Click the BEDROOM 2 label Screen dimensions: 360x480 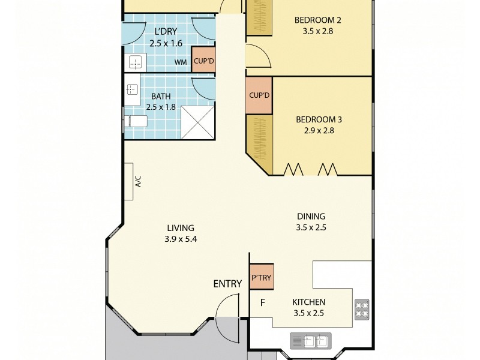pos(314,20)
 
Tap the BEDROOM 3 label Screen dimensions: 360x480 pos(314,119)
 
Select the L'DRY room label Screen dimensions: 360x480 pos(166,32)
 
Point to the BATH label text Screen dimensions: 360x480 pos(160,96)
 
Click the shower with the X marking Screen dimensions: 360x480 pos(197,123)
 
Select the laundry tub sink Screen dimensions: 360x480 pos(134,62)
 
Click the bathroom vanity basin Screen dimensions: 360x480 pos(133,90)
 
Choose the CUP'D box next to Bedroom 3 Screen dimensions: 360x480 pos(259,95)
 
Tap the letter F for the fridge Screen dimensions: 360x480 pos(262,302)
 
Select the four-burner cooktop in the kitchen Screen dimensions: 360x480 pos(362,308)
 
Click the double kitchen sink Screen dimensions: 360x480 pos(310,341)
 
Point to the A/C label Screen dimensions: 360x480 pos(138,181)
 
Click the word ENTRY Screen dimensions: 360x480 pos(228,283)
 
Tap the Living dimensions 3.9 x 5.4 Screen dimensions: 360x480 pos(181,238)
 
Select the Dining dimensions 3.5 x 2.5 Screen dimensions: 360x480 pos(311,227)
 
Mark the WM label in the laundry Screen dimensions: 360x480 pos(180,62)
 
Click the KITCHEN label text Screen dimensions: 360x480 pos(308,302)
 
